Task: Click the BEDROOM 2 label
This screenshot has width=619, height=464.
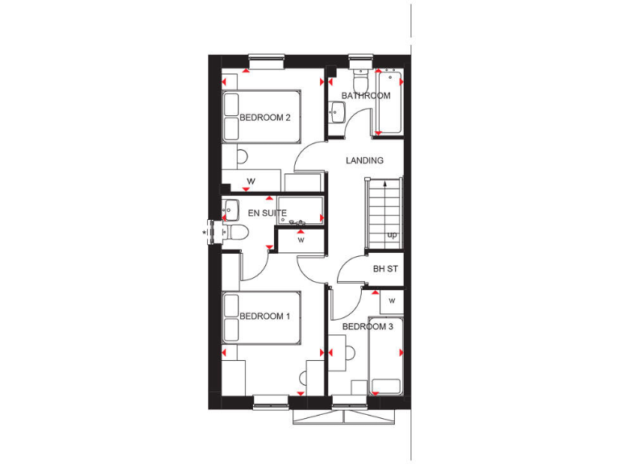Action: [x=264, y=118]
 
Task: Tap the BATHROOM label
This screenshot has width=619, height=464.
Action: [x=365, y=96]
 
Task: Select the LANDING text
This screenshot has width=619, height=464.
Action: [x=364, y=161]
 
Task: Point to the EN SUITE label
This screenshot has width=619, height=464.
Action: [x=268, y=213]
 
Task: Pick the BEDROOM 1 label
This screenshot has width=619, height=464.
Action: [x=264, y=317]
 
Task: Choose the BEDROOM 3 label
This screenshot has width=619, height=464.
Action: [x=368, y=327]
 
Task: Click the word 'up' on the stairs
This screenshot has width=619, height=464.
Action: [x=392, y=235]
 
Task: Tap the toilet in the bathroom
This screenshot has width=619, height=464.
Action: [x=359, y=81]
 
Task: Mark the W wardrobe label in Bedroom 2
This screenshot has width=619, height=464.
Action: [x=251, y=180]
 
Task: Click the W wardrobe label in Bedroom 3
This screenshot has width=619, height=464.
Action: [x=391, y=300]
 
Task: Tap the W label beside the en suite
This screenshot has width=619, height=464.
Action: [x=300, y=239]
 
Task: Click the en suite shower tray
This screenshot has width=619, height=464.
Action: [x=300, y=209]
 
